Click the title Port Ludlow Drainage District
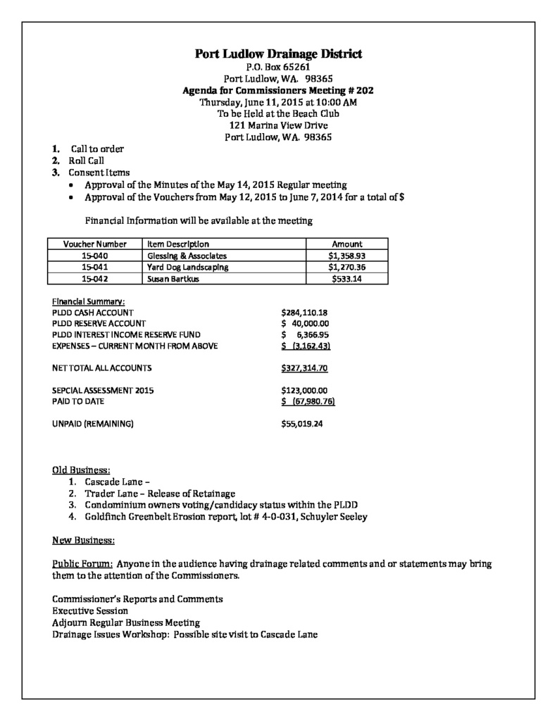click(x=278, y=54)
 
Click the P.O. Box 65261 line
click(x=278, y=67)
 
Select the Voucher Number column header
click(x=94, y=244)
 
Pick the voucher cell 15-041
click(x=94, y=267)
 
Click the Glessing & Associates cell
click(x=187, y=256)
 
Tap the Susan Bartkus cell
click(x=173, y=279)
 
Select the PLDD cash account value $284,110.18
click(x=305, y=312)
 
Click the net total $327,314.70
click(x=304, y=368)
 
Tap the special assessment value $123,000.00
click(x=304, y=390)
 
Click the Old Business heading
click(x=81, y=470)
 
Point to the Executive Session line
click(x=90, y=610)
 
